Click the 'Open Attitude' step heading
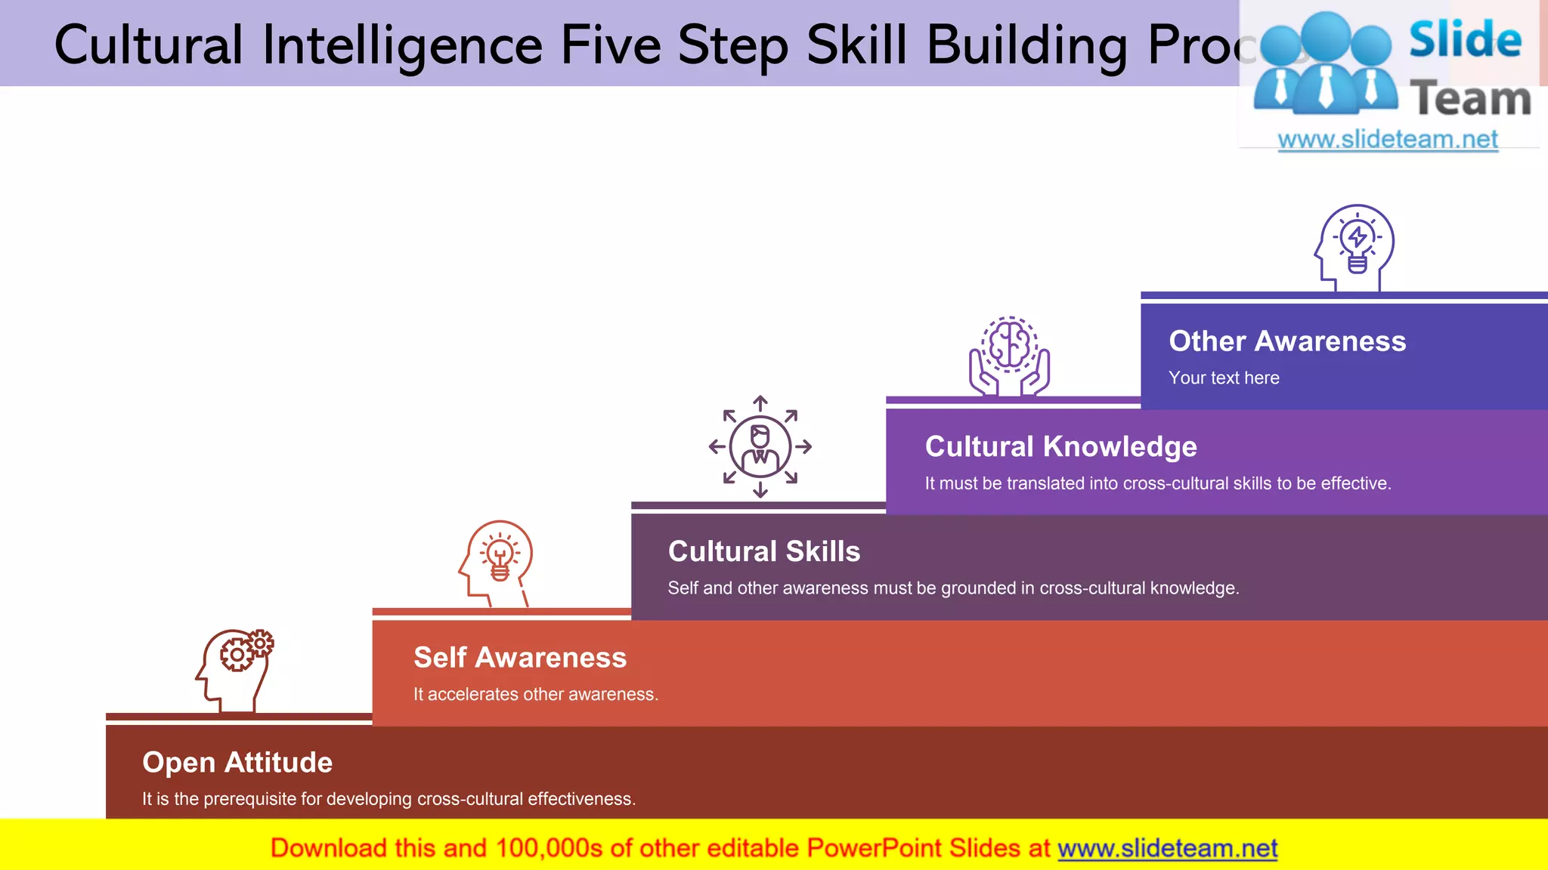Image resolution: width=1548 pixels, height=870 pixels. tap(237, 763)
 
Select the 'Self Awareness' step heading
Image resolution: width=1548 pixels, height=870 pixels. tap(520, 658)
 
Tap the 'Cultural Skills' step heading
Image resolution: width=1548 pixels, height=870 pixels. tap(764, 552)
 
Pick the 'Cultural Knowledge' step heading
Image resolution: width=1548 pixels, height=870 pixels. tap(1060, 447)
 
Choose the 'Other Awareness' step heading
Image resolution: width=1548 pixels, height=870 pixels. tap(1287, 341)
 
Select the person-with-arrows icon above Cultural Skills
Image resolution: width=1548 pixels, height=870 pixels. tap(760, 447)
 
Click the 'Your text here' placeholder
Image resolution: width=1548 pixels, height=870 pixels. tap(1224, 378)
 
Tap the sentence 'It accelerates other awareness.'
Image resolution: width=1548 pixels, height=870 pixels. tap(536, 695)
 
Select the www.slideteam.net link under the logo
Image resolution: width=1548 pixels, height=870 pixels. tap(1388, 140)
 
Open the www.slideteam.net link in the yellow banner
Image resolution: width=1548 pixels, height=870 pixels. tap(1167, 849)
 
